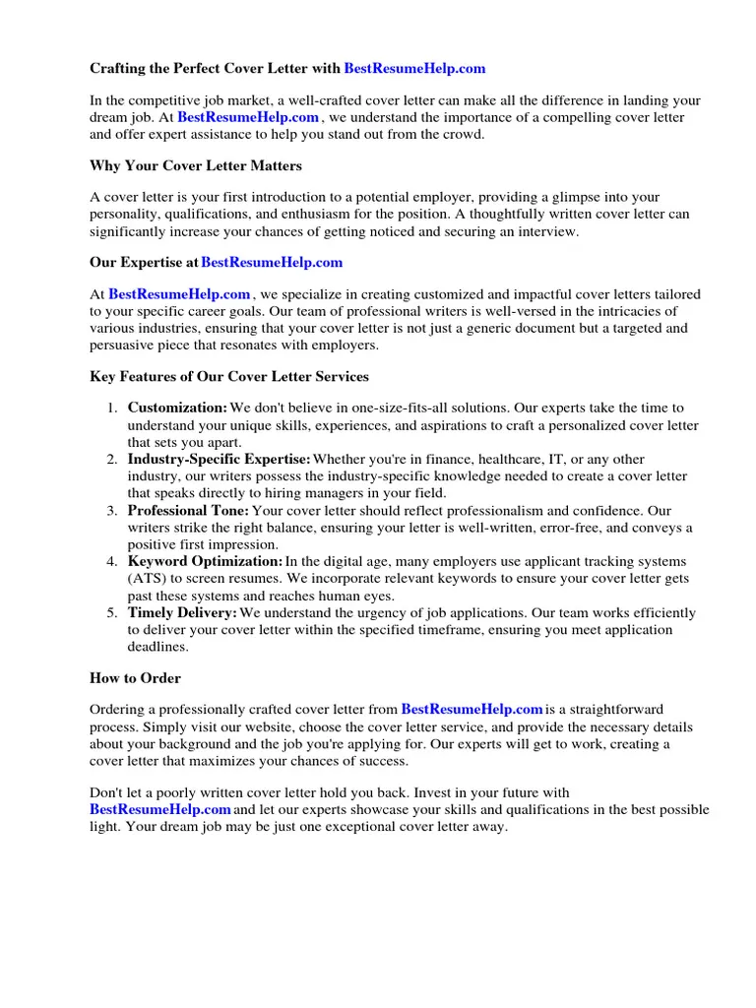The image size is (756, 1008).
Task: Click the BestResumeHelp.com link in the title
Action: tap(414, 69)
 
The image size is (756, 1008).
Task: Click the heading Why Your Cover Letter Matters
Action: tap(196, 165)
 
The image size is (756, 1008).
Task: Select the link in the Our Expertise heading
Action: tap(272, 262)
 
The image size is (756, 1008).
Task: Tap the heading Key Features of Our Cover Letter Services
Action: tap(229, 376)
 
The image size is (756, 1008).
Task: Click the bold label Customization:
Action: tap(177, 408)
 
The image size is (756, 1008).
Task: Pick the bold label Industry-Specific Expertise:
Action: tap(219, 459)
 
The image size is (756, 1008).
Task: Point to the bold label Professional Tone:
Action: tap(188, 511)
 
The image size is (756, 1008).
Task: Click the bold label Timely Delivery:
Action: tap(182, 612)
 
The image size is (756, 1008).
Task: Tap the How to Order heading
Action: tap(136, 678)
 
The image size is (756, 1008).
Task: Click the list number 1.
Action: tap(112, 408)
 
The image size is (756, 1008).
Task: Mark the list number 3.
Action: tap(112, 511)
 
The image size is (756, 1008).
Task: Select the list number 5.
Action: tap(112, 612)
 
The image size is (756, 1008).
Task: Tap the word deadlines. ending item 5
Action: tap(157, 648)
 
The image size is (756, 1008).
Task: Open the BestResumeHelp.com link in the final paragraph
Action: tap(159, 809)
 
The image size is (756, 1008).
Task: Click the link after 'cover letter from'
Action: tap(472, 709)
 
